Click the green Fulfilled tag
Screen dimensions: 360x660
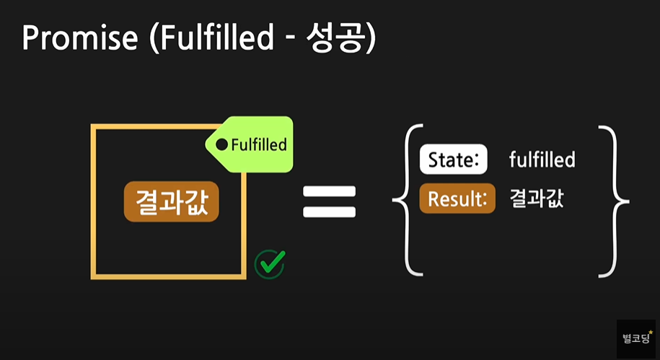click(x=252, y=144)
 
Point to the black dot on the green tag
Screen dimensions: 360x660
click(x=222, y=145)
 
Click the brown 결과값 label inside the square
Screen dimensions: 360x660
click(x=171, y=201)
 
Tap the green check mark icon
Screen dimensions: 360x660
click(x=270, y=264)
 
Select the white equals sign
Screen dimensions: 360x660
click(x=329, y=201)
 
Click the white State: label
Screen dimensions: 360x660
click(x=454, y=160)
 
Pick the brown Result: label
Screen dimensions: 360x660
click(x=457, y=199)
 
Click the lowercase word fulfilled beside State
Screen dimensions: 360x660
click(x=542, y=160)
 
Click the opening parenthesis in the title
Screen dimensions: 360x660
click(x=154, y=38)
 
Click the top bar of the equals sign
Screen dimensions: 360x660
click(x=329, y=192)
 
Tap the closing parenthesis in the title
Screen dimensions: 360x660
click(x=369, y=38)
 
